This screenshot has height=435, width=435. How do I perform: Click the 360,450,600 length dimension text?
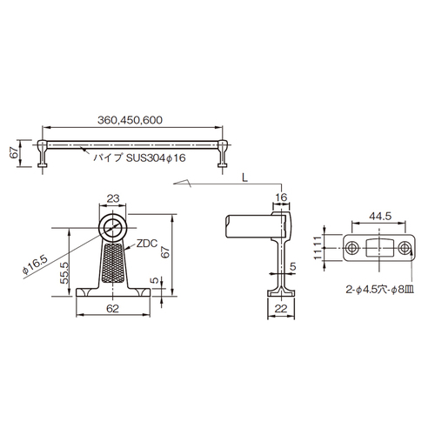(x=130, y=120)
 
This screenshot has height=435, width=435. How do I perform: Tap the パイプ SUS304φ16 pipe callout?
(x=139, y=157)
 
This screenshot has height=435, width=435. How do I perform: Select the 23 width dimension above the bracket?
(x=113, y=198)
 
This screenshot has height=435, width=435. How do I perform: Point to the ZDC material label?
(x=147, y=244)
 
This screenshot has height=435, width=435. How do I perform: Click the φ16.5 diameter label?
(x=35, y=265)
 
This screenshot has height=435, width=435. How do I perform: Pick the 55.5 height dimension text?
(x=64, y=273)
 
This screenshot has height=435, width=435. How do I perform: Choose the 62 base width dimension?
(x=112, y=309)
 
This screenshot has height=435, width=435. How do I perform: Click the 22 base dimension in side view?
(x=280, y=309)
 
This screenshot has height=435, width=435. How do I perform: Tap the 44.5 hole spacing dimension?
(x=380, y=216)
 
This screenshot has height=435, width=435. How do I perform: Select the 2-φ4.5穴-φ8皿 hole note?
(x=380, y=290)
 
